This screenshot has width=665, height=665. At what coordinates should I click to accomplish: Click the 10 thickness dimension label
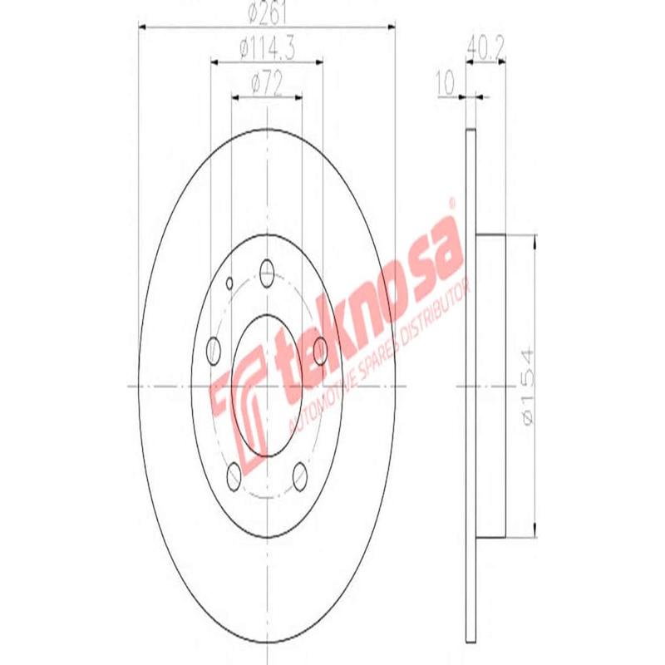(446, 83)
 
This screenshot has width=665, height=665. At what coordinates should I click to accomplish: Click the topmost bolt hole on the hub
(267, 270)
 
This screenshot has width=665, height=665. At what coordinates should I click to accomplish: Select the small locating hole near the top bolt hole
(232, 282)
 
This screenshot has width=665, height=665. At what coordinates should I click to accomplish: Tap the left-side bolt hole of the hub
(213, 349)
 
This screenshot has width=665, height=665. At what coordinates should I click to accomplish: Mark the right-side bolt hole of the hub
(321, 349)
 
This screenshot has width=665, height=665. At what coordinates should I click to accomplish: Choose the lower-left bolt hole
(234, 475)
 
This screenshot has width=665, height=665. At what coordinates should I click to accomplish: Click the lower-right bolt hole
(300, 475)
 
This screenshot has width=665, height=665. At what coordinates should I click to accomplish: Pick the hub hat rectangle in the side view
(490, 387)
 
